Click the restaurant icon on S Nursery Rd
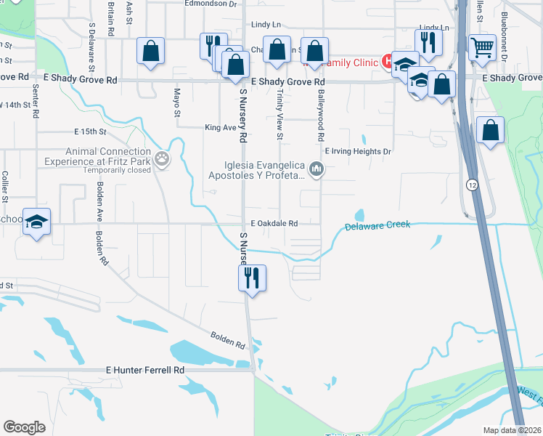coord(252,278)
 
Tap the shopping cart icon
coord(482,48)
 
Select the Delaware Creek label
coord(377,226)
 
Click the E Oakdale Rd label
coord(274,224)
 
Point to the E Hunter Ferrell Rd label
coord(145,370)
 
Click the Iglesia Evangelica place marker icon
coord(316,170)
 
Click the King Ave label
coord(221,127)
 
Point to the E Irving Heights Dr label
coord(358,151)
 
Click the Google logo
coord(24,427)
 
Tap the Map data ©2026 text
coord(512,430)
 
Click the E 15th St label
coord(90,132)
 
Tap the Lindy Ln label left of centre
coord(266,25)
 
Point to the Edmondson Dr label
coord(211,4)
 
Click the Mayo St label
coord(176,102)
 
